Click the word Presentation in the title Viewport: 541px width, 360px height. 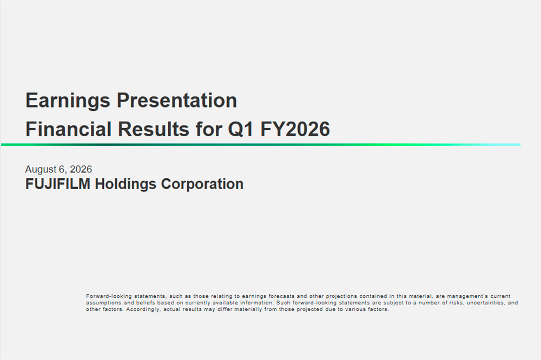click(177, 101)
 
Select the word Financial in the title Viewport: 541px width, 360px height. click(68, 129)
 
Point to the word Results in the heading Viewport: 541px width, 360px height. click(154, 129)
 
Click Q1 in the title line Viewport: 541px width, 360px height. click(241, 130)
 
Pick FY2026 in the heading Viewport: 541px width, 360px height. click(295, 129)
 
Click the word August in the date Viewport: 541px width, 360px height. click(41, 170)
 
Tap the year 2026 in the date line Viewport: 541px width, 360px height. click(81, 169)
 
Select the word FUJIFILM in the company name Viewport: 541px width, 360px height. click(58, 184)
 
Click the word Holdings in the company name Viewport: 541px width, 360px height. click(126, 184)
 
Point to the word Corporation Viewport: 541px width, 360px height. click(202, 184)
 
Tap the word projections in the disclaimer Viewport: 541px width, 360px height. click(341, 296)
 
